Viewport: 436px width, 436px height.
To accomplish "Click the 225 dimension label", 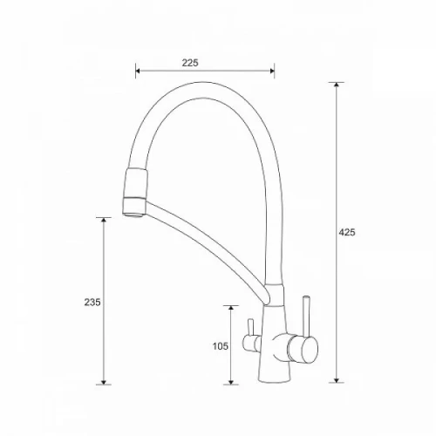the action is [x=190, y=63].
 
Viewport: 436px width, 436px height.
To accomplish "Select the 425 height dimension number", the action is [x=347, y=232].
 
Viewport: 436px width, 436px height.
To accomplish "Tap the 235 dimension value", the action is [x=92, y=303].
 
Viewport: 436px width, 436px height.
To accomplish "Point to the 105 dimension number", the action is [x=221, y=346].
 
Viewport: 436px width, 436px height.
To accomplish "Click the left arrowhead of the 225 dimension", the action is [x=138, y=71].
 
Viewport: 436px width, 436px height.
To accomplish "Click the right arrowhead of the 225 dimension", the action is [x=272, y=71].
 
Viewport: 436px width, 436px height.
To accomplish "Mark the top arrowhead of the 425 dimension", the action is [x=337, y=85].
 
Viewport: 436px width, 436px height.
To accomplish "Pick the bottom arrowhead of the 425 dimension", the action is [x=337, y=380].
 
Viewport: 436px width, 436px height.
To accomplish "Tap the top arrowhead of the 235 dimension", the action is [x=104, y=220].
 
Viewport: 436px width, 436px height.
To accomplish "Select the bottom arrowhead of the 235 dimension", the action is [x=104, y=382].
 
